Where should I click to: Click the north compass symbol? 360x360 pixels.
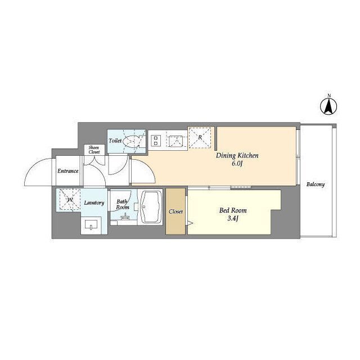[x=330, y=105]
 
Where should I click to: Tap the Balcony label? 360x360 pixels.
[x=316, y=184]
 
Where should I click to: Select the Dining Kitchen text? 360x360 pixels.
[x=237, y=156]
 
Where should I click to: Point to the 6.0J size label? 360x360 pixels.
[x=237, y=164]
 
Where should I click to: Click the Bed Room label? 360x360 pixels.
[x=232, y=210]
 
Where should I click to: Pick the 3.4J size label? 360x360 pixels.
[x=233, y=219]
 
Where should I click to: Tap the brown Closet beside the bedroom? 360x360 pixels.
[x=175, y=211]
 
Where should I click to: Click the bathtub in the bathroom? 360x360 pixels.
[x=150, y=208]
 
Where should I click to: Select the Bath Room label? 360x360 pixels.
[x=123, y=204]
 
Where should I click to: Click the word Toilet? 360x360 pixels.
[x=115, y=141]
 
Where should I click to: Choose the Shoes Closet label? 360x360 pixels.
[x=93, y=150]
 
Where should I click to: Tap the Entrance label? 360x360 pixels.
[x=67, y=171]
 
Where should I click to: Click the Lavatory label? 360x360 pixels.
[x=94, y=202]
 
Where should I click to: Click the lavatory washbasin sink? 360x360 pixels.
[x=92, y=226]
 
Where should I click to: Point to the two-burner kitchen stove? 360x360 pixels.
[x=155, y=139]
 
